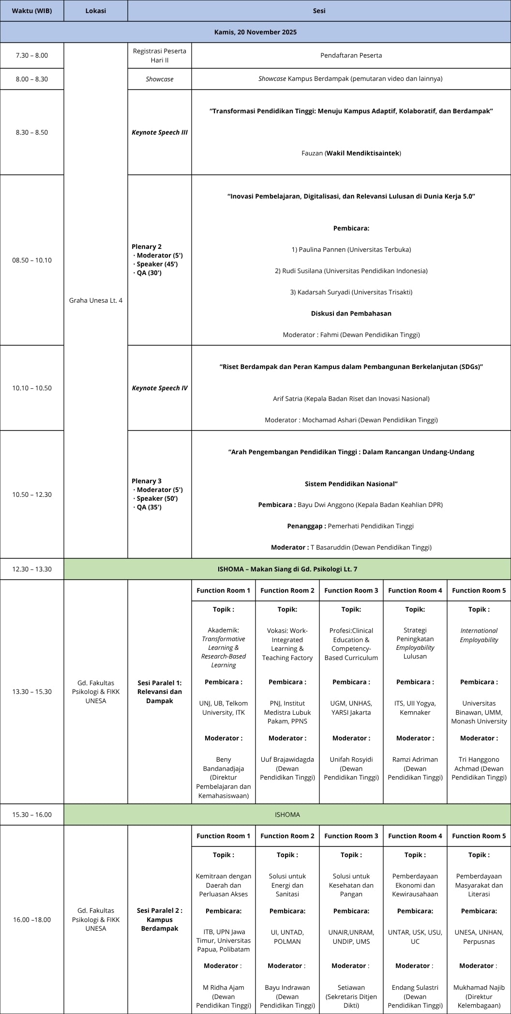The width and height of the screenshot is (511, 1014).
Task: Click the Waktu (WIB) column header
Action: (32, 11)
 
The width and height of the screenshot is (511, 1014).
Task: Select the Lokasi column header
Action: (96, 11)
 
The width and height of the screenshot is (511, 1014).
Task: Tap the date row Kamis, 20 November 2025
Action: (255, 32)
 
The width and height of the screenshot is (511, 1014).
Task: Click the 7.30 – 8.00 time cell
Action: (32, 55)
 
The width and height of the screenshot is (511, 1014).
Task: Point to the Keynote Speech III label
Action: (160, 132)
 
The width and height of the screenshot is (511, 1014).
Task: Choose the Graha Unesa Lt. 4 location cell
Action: (96, 300)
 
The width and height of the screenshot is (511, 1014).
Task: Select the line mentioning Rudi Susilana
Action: (351, 271)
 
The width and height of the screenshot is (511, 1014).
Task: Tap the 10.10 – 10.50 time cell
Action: (32, 388)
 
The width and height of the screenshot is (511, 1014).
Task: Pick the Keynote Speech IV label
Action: (160, 388)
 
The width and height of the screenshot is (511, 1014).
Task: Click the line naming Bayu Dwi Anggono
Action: (351, 505)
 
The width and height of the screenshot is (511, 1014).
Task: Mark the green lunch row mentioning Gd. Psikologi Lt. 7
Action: (287, 569)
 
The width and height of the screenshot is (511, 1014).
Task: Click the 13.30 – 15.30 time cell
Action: (32, 691)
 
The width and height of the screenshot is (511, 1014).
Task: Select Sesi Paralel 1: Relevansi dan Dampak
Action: (160, 691)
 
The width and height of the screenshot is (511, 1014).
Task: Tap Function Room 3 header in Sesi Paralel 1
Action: (351, 590)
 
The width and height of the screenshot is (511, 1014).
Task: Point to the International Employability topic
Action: (479, 635)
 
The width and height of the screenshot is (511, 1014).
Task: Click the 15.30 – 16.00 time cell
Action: (32, 814)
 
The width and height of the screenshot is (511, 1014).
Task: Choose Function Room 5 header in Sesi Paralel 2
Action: (479, 836)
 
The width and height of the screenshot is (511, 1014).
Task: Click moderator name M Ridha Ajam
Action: (224, 987)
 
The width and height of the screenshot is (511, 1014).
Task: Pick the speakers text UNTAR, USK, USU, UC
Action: (415, 937)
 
